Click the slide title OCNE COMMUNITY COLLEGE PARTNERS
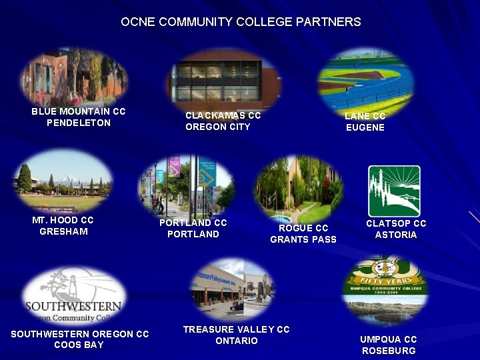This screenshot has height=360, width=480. (x=241, y=22)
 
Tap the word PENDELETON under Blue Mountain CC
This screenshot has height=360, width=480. (x=79, y=123)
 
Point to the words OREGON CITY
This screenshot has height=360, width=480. (x=218, y=127)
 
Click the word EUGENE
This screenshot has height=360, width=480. (x=365, y=128)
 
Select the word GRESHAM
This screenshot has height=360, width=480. (x=64, y=232)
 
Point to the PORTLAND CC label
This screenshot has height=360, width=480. (x=193, y=223)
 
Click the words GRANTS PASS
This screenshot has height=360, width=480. (x=303, y=240)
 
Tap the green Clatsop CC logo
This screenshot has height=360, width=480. (x=394, y=191)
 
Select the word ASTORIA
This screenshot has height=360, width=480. (x=396, y=235)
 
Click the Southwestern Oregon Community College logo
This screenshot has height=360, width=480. (x=73, y=297)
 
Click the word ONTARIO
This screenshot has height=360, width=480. (x=237, y=341)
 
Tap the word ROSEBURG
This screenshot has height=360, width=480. (x=389, y=351)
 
